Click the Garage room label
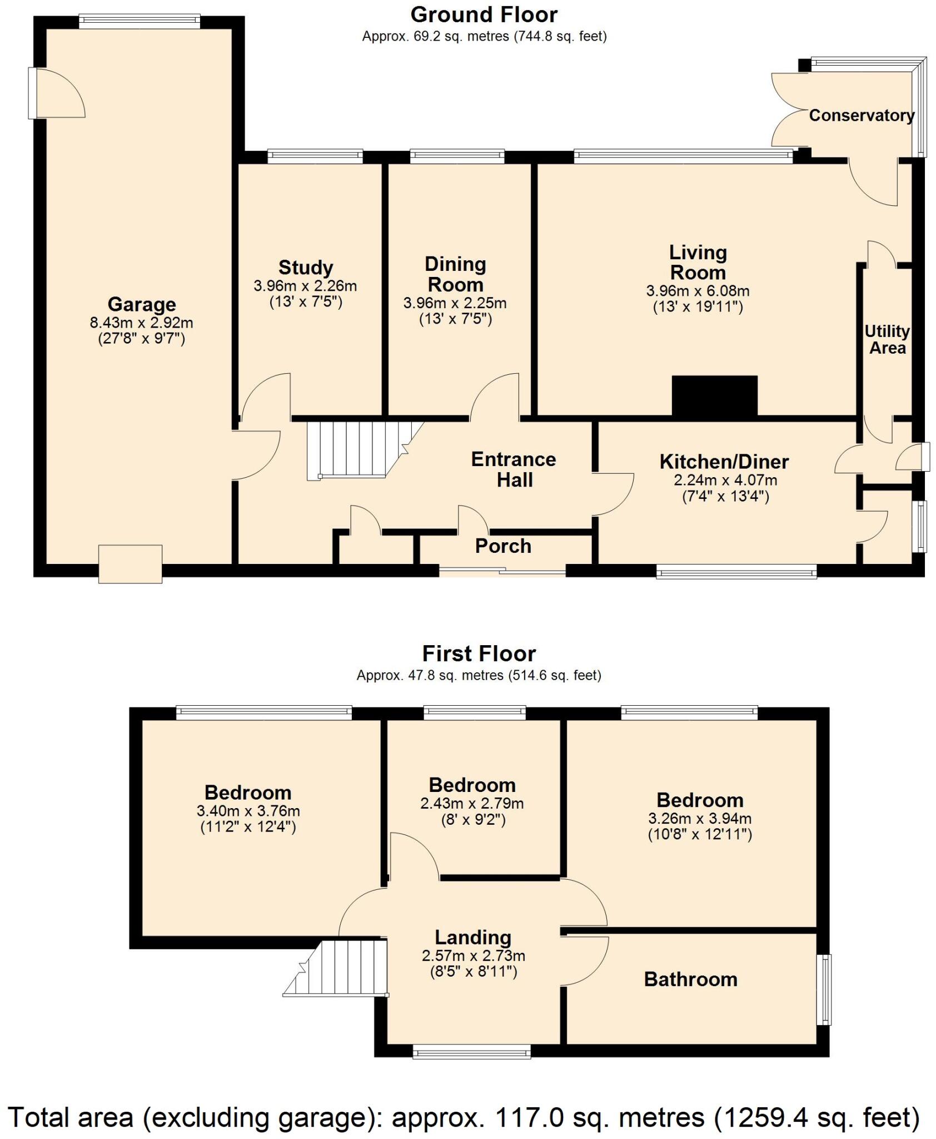tap(141, 304)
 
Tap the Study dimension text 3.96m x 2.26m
tap(305, 286)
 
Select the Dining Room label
tap(455, 274)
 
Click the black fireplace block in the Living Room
tap(714, 395)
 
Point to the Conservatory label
tap(861, 116)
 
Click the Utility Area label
tap(887, 340)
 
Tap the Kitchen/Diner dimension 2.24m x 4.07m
tap(725, 480)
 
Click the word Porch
tap(503, 546)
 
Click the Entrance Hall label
tap(514, 469)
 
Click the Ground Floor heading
tap(484, 14)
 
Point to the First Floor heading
tap(479, 653)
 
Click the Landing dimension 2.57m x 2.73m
tap(473, 956)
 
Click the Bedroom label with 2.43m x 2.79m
tap(472, 785)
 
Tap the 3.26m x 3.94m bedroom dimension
tap(699, 819)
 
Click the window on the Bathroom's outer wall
tap(827, 989)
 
